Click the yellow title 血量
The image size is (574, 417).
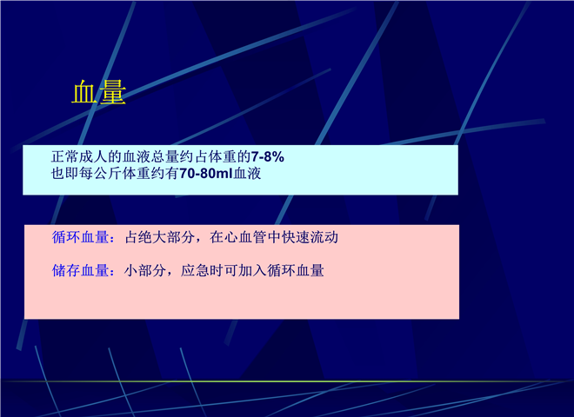click(x=99, y=92)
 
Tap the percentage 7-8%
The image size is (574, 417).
click(x=268, y=157)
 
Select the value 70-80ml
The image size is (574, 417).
click(x=206, y=174)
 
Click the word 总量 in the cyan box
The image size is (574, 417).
click(x=164, y=157)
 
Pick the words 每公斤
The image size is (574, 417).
click(x=100, y=174)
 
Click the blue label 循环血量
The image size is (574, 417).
click(x=81, y=237)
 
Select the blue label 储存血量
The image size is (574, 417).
click(x=81, y=271)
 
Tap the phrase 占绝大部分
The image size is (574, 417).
click(x=160, y=237)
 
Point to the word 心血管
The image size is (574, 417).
click(x=245, y=237)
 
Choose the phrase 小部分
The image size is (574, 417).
click(x=145, y=271)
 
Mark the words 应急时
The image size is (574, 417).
click(x=202, y=271)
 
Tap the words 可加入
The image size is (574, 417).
click(x=245, y=271)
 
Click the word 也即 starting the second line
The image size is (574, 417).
click(x=65, y=174)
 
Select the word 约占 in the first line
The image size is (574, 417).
click(x=193, y=157)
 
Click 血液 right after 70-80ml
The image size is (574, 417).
click(x=248, y=174)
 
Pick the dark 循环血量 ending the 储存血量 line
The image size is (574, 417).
click(x=296, y=271)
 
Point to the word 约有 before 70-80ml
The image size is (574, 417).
click(x=164, y=174)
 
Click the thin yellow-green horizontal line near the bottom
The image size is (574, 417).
click(x=287, y=381)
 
